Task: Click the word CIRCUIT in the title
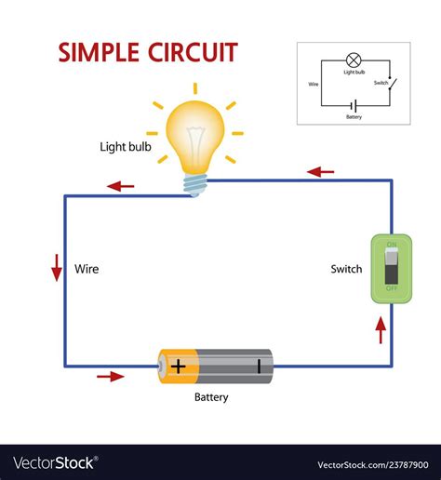coord(192,52)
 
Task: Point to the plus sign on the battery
coord(178,366)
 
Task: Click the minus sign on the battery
coord(258,366)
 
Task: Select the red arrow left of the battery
coord(111,377)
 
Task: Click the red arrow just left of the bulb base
coord(120,186)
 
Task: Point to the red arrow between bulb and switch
coord(320,172)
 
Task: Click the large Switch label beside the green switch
coord(346,270)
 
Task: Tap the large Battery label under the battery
coord(211,397)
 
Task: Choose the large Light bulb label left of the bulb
coord(125,147)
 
